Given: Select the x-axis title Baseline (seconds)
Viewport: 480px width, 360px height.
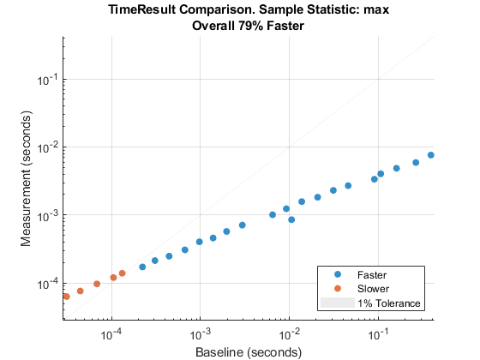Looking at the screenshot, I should point(248,351).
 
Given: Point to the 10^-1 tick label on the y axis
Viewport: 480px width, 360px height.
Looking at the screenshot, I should point(47,79).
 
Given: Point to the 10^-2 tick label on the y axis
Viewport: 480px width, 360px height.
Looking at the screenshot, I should point(47,147).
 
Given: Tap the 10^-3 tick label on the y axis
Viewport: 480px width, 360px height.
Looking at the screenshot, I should point(47,215).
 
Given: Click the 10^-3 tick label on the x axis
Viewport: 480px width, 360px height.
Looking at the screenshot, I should point(200,333).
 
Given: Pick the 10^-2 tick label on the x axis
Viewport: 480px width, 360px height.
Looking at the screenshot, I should point(289,333).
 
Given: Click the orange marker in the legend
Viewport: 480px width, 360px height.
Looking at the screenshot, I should point(336,289).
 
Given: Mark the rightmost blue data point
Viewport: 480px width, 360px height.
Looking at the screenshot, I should point(431,155).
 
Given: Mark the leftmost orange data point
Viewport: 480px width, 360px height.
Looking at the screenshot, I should point(66,297).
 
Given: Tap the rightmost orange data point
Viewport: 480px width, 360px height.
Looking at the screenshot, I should point(122,273).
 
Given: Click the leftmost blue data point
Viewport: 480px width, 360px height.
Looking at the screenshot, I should point(142,267).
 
